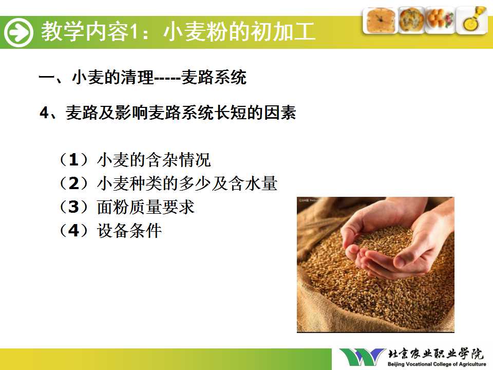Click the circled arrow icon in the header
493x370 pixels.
[18, 32]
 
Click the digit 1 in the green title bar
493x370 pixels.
[134, 31]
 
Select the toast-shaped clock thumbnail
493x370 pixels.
[380, 20]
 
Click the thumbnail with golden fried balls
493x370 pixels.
[440, 20]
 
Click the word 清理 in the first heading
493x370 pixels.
[138, 77]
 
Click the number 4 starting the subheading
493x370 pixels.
[44, 113]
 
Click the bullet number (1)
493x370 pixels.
[73, 159]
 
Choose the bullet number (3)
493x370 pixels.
[73, 207]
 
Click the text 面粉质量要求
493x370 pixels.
[146, 207]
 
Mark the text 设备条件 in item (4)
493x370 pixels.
[129, 230]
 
